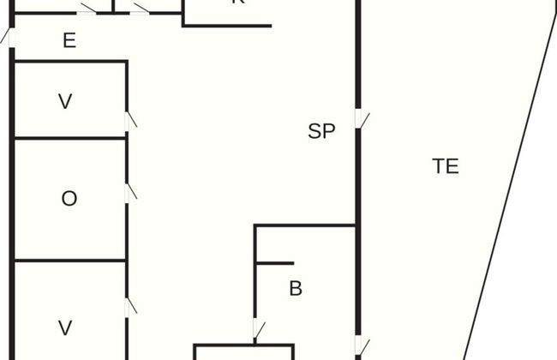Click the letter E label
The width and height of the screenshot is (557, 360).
click(69, 40)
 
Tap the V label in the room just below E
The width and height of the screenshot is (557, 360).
click(65, 102)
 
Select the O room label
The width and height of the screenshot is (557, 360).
click(69, 199)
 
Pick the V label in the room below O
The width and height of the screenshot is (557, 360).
click(65, 327)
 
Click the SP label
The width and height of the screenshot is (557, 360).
click(321, 132)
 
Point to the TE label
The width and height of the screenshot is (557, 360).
click(446, 166)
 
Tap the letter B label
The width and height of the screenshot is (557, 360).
click(296, 289)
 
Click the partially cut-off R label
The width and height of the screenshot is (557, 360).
click(238, 3)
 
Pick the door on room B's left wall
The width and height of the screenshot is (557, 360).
click(256, 329)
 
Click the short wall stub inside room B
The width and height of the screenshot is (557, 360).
click(275, 263)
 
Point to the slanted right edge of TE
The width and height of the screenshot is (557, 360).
click(514, 171)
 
